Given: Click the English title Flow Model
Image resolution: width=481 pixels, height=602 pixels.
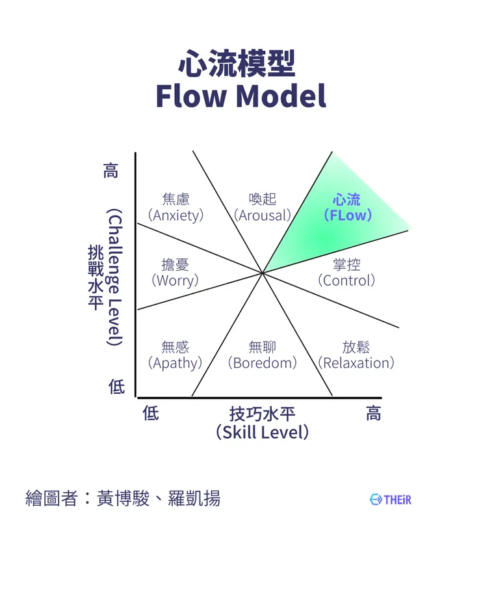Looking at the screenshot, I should click(240, 96).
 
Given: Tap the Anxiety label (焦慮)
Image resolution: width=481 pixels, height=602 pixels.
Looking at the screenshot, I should click(175, 207).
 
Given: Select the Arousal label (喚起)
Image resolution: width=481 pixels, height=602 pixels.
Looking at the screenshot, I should click(263, 207).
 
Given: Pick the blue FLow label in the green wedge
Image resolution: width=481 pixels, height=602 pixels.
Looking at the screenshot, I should click(347, 207).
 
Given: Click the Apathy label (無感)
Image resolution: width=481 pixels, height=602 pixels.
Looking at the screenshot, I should click(175, 355).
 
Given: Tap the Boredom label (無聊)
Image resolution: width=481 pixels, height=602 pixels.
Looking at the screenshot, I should click(262, 355).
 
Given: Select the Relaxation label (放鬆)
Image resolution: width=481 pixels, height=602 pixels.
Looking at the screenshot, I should click(356, 355).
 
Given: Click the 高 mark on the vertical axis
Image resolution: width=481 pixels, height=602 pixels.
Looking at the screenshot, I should click(111, 172).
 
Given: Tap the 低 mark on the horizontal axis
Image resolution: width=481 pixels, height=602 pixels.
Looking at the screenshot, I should click(150, 413).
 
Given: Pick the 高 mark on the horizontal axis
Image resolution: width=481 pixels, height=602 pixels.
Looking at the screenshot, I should click(373, 413).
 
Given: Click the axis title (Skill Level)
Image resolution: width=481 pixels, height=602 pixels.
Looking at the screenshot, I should click(262, 432).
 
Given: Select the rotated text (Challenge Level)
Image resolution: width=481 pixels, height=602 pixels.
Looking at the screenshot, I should click(114, 277).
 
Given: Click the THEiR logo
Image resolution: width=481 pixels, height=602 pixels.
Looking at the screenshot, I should click(391, 500).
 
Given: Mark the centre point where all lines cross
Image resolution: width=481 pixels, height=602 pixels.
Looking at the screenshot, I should click(263, 273).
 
